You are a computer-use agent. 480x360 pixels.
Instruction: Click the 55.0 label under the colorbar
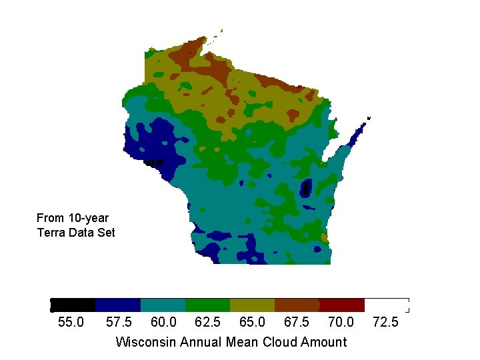71,323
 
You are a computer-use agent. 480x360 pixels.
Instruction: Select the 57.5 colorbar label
119,323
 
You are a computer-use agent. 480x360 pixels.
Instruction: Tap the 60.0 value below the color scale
163,323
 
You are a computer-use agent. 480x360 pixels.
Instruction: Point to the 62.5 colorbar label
208,323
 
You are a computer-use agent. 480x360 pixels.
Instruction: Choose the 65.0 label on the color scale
252,323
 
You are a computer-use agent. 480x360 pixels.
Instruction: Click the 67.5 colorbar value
297,323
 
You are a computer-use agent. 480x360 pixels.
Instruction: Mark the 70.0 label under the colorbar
341,323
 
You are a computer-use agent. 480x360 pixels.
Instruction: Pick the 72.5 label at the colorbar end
385,323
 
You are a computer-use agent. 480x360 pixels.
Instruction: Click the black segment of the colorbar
73,305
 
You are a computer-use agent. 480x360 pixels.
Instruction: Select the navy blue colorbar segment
118,305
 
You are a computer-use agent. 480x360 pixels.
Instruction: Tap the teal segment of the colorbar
163,305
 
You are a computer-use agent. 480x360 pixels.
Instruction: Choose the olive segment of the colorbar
252,305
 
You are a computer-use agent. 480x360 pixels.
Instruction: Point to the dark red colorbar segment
342,305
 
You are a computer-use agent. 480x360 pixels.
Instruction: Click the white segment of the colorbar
387,305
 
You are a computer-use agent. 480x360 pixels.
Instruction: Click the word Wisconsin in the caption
143,342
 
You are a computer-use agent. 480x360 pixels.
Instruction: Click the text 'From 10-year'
73,218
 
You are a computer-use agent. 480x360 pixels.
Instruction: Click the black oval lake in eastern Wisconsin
307,188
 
